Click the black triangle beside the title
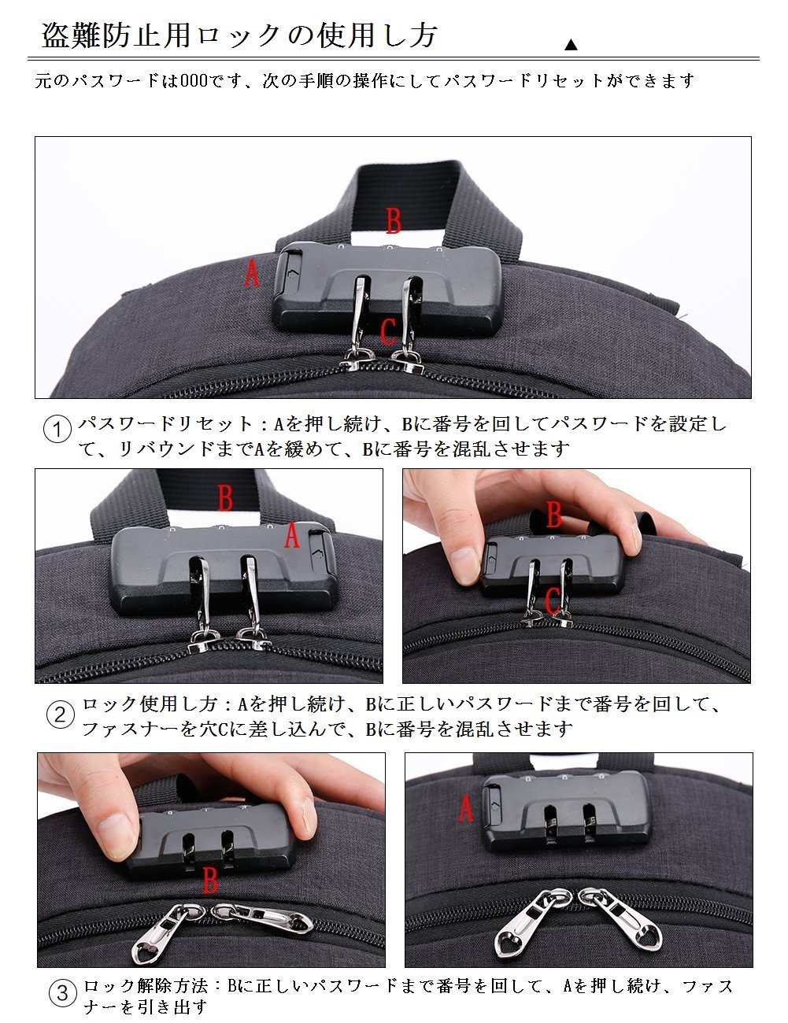pos(571,45)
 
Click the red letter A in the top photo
pos(252,274)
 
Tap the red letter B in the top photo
pos(394,221)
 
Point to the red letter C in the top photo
pos(388,331)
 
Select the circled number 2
pos(61,715)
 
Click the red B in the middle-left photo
pos(225,497)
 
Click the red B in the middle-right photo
pos(554,514)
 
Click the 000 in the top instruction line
pos(194,80)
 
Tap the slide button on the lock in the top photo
pos(291,273)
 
